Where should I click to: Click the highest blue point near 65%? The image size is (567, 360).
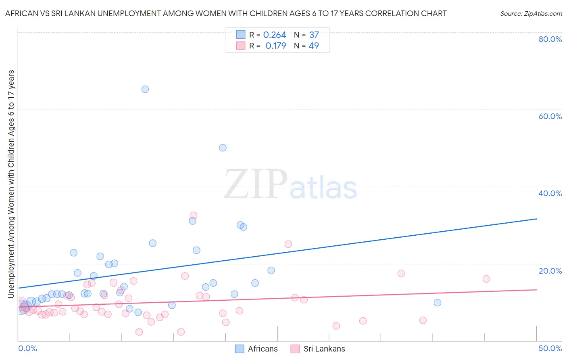coord(145,89)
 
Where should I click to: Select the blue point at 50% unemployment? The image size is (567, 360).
coord(223,148)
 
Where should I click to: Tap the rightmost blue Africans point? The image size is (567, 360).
coord(438,303)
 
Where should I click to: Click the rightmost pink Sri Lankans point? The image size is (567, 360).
coord(486,279)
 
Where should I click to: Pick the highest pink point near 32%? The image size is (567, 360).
coord(194,216)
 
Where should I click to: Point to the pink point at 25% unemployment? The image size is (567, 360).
coord(288,244)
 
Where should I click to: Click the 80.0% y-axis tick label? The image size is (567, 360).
coord(550,39)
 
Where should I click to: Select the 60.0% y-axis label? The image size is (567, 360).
coord(550,116)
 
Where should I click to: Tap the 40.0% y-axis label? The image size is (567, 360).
coord(550,193)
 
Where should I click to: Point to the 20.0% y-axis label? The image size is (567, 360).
coord(550,270)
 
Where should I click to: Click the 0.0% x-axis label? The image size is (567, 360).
coord(27,348)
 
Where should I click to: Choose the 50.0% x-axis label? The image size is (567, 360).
coord(550,348)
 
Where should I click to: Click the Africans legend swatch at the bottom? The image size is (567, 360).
coord(240,349)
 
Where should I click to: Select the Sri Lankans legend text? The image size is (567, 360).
coord(324,349)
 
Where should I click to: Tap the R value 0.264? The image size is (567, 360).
coord(275,35)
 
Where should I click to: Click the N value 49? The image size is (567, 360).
coord(314,46)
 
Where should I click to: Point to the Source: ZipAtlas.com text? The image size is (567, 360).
coord(531,14)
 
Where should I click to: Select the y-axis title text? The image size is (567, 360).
coord(11,184)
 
